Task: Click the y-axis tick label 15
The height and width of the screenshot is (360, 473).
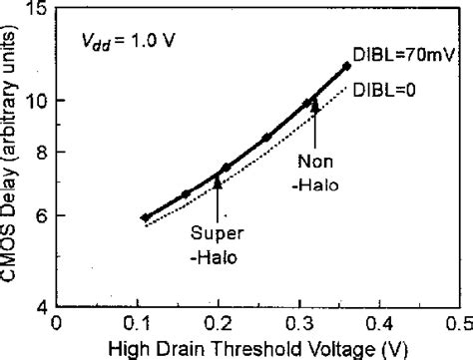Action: point(38,10)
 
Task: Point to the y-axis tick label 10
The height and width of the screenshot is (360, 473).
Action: point(38,101)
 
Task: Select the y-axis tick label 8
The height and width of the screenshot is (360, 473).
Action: point(43,152)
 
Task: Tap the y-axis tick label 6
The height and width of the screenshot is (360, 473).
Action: point(43,215)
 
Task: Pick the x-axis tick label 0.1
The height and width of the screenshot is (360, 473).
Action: point(137,323)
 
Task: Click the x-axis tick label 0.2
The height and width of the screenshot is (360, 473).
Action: point(218,323)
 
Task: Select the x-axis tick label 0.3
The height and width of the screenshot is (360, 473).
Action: point(298,323)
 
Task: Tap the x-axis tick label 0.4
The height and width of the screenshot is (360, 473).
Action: point(379,323)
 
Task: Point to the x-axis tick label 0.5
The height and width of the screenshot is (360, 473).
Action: point(459,323)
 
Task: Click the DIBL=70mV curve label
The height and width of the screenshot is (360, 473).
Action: point(403,58)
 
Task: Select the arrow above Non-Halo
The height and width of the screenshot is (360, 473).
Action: point(314,120)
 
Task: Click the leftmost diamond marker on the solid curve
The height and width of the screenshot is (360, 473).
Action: point(145,217)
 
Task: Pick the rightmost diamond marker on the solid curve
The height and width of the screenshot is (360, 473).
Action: point(346,66)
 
